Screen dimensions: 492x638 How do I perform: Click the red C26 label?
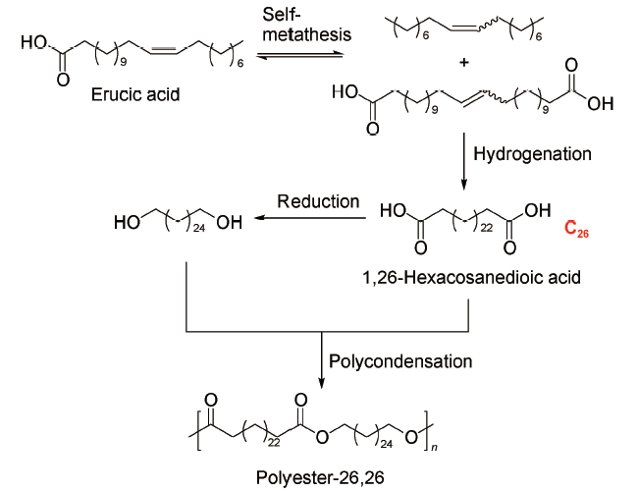[576, 230]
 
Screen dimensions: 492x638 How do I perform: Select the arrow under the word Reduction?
[314, 222]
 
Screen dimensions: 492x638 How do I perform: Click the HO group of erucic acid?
[31, 44]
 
